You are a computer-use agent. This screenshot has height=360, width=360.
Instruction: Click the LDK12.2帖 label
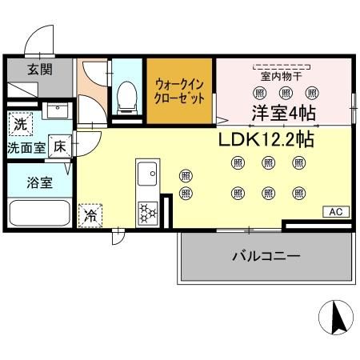[x=266, y=138]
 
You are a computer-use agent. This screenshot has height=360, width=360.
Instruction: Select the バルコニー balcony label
[x=266, y=257]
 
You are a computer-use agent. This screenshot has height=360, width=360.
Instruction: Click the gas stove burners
[x=148, y=213]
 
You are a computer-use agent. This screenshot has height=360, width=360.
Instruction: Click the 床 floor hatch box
[x=60, y=146]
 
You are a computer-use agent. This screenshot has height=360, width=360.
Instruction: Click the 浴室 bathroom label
[x=41, y=182]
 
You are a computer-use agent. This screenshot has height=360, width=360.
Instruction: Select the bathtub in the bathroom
[x=41, y=214]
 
